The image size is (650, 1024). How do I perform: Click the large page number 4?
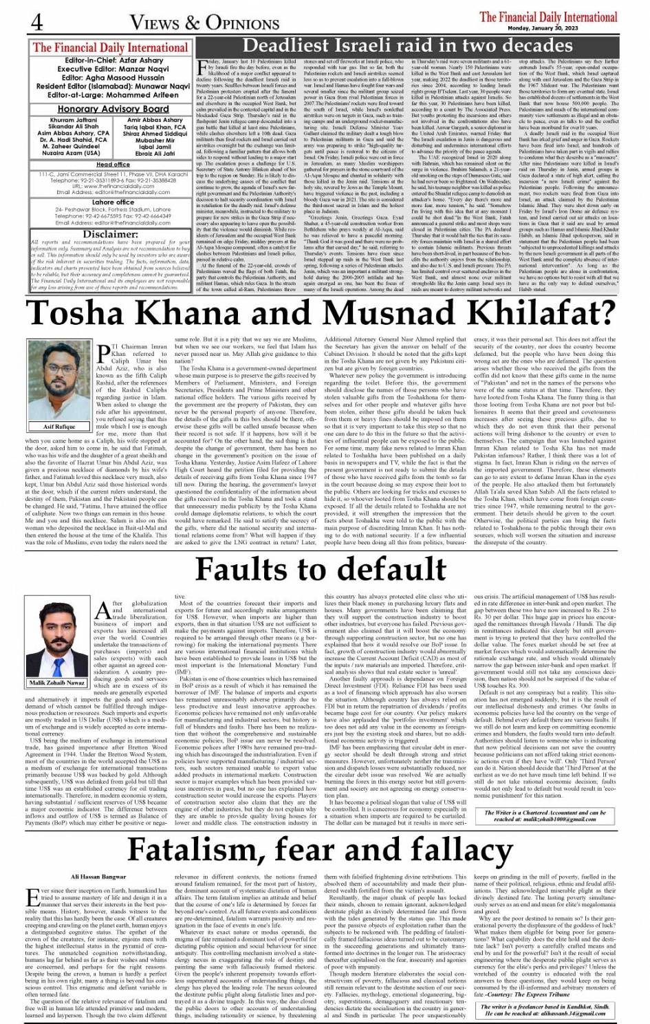[36, 22]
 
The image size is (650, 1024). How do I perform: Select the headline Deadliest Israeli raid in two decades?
[398, 46]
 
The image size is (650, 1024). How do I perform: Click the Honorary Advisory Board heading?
[113, 109]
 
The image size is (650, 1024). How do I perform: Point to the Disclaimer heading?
[110, 233]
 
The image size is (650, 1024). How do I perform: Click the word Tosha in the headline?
[89, 314]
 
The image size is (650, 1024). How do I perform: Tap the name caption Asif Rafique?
[59, 427]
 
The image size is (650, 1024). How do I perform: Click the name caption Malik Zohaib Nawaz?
[58, 683]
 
